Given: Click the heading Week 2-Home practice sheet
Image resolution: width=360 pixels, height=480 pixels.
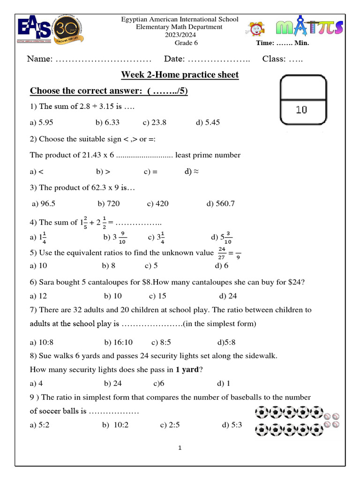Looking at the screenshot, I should (x=180, y=75).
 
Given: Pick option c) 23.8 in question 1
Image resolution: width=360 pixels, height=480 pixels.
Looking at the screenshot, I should (x=155, y=122).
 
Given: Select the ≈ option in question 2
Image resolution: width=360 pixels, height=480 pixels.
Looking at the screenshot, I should (x=192, y=172).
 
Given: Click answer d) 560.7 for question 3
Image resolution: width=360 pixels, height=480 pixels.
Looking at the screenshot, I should (x=220, y=203).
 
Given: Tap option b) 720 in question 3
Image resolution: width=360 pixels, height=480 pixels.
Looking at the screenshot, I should (x=109, y=203).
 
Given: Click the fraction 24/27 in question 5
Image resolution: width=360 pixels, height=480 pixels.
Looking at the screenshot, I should (x=222, y=253).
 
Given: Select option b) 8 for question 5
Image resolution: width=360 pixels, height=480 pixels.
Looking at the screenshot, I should (x=109, y=266).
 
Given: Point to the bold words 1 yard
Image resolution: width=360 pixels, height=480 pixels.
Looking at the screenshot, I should (x=187, y=369).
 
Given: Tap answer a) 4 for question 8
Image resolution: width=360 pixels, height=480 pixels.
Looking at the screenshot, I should (x=37, y=383).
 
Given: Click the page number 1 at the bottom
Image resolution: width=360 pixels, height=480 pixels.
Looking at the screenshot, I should (x=180, y=448).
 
